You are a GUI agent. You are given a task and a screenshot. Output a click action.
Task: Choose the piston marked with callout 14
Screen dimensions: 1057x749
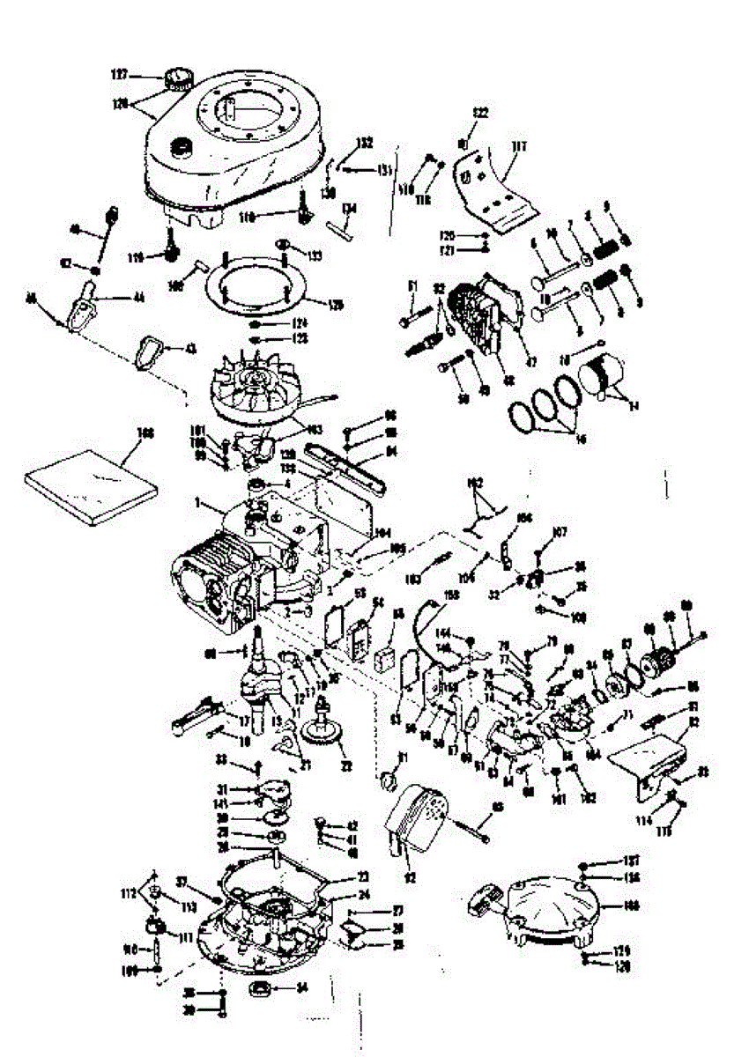pyautogui.click(x=606, y=375)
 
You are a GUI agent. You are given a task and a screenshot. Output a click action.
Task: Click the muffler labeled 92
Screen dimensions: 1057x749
pyautogui.click(x=418, y=818)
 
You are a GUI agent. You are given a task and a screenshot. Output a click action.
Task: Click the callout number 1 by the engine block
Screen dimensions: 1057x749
pyautogui.click(x=198, y=506)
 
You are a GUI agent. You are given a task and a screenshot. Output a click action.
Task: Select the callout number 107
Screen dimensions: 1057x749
pyautogui.click(x=560, y=531)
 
